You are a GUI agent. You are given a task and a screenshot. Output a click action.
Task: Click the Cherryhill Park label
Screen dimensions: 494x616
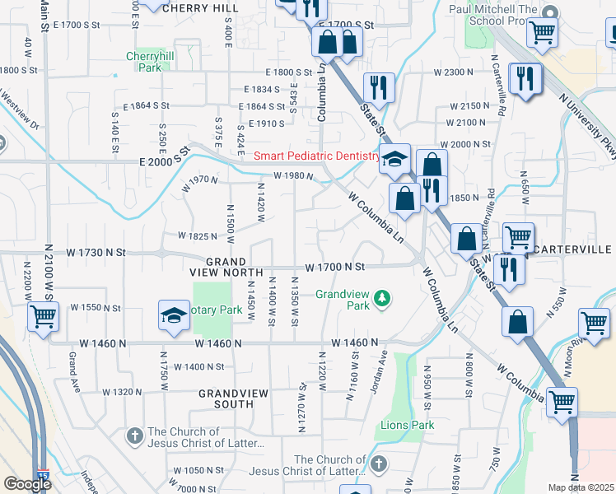click(144, 62)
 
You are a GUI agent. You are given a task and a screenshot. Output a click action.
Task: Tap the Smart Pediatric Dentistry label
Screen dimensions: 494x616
click(316, 156)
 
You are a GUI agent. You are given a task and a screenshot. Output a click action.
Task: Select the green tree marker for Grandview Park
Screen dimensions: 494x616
click(381, 297)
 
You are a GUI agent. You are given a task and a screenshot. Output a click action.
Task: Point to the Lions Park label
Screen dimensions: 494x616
click(407, 426)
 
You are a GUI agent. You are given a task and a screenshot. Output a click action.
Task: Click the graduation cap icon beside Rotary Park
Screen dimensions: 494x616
click(174, 315)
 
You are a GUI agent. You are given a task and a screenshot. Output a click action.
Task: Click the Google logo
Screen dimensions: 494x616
click(27, 484)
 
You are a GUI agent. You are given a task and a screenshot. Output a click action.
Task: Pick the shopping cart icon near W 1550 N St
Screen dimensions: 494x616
click(43, 315)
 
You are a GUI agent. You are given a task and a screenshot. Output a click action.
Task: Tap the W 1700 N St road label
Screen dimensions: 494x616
click(334, 267)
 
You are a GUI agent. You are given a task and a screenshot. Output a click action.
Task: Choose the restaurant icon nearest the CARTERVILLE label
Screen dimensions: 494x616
click(509, 270)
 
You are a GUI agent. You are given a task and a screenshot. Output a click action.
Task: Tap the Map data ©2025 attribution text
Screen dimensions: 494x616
click(581, 487)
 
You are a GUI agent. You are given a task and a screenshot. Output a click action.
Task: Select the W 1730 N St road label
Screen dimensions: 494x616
click(96, 251)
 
